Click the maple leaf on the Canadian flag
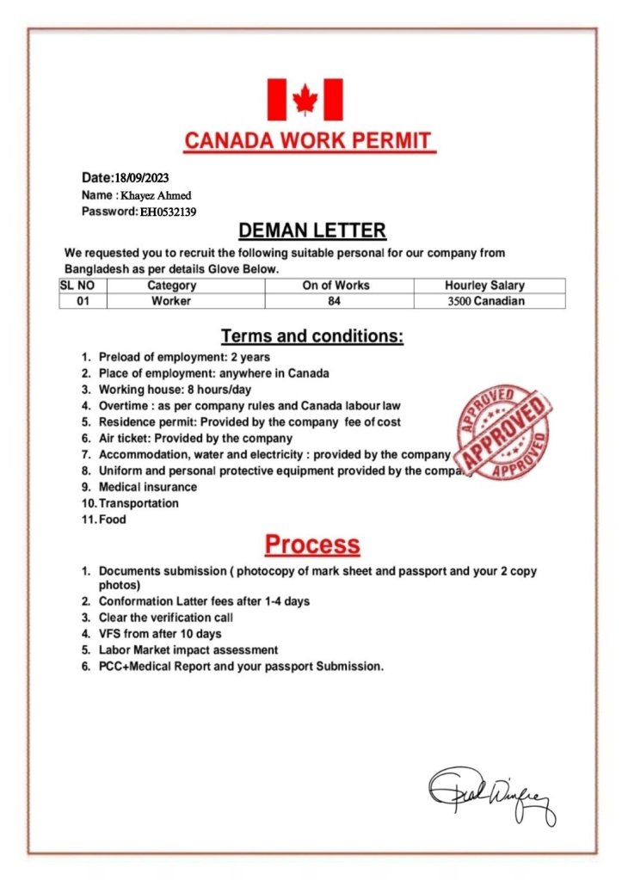coord(305,100)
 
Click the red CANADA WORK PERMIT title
coord(311,141)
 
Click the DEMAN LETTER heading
coord(311,231)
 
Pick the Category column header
coord(171,286)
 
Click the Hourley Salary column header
coord(484,286)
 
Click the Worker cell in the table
coord(171,301)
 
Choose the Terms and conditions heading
coord(311,336)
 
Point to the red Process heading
coord(311,545)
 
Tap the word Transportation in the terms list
coord(139,503)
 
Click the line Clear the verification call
coord(165,618)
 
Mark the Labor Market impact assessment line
coord(188,650)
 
